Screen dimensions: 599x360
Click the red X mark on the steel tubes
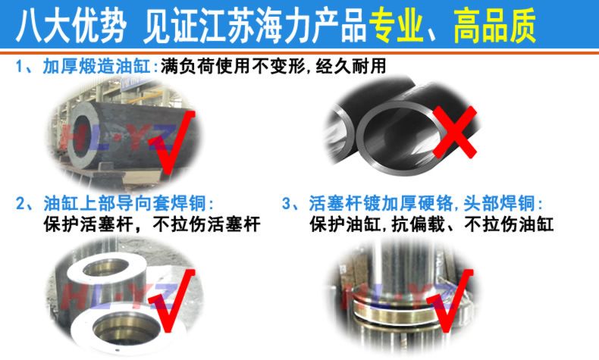pyautogui.click(x=455, y=132)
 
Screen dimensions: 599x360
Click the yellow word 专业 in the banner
pyautogui.click(x=396, y=26)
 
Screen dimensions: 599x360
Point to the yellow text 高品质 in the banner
pyautogui.click(x=494, y=26)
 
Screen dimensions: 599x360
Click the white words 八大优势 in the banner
pyautogui.click(x=71, y=26)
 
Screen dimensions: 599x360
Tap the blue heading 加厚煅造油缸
pyautogui.click(x=96, y=67)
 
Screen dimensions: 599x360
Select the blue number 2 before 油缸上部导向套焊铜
pyautogui.click(x=20, y=203)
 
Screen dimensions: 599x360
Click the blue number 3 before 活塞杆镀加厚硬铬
pyautogui.click(x=287, y=203)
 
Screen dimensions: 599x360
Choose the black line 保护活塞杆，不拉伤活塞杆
pyautogui.click(x=152, y=224)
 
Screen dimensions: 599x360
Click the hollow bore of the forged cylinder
pyautogui.click(x=82, y=136)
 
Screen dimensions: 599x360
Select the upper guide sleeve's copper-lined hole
pyautogui.click(x=106, y=268)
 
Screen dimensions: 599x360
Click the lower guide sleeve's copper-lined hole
pyautogui.click(x=126, y=328)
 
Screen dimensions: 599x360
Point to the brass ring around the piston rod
pyautogui.click(x=394, y=310)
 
